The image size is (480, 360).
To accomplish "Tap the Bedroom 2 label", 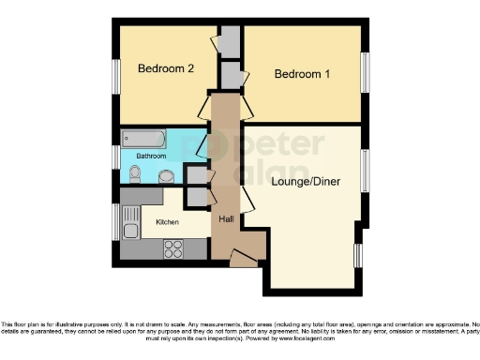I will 166,68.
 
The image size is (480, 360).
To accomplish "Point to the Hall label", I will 226,218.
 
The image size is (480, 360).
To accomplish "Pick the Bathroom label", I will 153,155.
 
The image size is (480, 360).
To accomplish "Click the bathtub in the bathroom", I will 144,139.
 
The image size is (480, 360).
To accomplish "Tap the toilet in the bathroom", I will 136,172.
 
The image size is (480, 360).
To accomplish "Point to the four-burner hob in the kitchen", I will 173,248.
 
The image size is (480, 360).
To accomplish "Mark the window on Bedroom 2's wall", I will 115,75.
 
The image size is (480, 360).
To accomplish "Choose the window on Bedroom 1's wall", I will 365,72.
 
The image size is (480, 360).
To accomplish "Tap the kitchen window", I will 115,222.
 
